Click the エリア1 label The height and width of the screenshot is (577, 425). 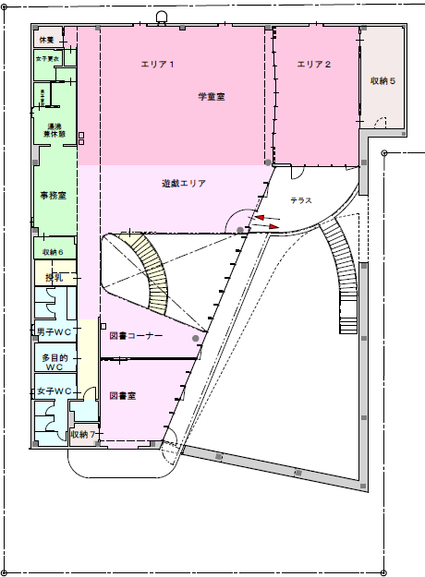(158, 64)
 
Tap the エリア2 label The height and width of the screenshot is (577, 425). (314, 64)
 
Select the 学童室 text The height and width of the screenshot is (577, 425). (212, 96)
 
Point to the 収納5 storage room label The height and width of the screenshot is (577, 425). (382, 81)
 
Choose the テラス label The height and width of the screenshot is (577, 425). (301, 200)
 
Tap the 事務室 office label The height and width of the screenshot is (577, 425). (52, 196)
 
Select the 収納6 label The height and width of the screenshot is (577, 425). (53, 252)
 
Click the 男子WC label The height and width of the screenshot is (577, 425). (54, 331)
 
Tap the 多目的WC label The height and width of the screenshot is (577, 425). (54, 361)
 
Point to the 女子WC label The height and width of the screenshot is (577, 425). (54, 391)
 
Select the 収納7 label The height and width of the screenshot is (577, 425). (84, 434)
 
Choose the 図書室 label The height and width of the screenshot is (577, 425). (123, 396)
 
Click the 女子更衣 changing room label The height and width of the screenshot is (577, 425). (48, 58)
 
